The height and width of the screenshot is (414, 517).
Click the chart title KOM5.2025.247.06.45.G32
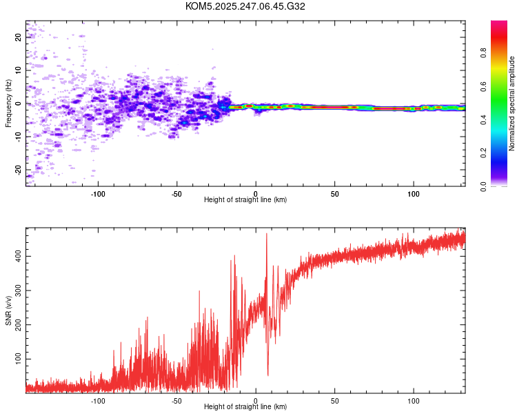[245, 6]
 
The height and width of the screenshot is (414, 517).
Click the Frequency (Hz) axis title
[8, 103]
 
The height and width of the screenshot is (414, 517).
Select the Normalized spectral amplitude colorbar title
[512, 103]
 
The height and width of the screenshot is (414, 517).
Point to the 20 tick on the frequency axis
[18, 37]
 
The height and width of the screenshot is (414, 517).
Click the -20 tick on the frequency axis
[18, 169]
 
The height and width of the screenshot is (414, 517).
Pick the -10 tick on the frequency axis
[18, 136]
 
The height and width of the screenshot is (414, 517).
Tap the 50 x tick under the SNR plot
[334, 400]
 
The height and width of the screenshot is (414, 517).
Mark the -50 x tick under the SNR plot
[176, 400]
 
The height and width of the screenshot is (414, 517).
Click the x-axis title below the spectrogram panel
[245, 200]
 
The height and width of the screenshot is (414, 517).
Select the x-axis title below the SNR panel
[245, 407]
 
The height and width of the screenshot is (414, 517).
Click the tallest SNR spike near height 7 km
[266, 234]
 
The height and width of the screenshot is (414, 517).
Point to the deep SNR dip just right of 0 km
[267, 374]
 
